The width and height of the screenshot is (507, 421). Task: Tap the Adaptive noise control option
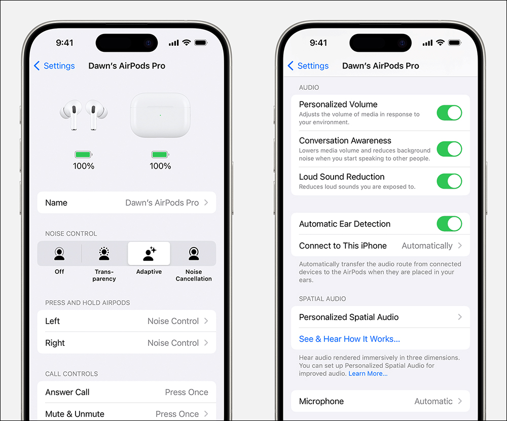tap(149, 254)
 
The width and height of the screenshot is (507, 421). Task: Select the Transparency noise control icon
tap(104, 254)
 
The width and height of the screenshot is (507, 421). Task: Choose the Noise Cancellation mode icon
tap(194, 254)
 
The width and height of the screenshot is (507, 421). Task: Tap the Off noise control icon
tap(59, 254)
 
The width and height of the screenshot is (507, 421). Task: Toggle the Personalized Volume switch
tap(449, 113)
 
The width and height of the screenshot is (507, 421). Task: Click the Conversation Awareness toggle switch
tap(449, 149)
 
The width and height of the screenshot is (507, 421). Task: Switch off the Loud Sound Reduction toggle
tap(449, 181)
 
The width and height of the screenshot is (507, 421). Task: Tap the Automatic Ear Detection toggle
tap(449, 224)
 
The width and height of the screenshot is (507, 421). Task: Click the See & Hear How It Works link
tap(349, 339)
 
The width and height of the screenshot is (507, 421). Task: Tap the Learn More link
tap(368, 374)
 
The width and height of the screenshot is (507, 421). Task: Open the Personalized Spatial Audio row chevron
tap(460, 317)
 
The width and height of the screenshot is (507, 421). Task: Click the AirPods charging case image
tap(160, 115)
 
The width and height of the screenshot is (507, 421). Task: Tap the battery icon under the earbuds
tap(84, 154)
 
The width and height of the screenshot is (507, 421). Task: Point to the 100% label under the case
tap(160, 166)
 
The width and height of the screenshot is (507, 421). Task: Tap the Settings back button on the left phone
tap(54, 66)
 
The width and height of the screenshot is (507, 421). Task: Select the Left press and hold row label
tap(52, 321)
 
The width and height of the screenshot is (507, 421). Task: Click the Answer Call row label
tap(67, 392)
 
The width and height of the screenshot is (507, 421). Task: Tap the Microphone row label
tap(321, 401)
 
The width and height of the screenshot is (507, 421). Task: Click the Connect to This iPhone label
tap(343, 245)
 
